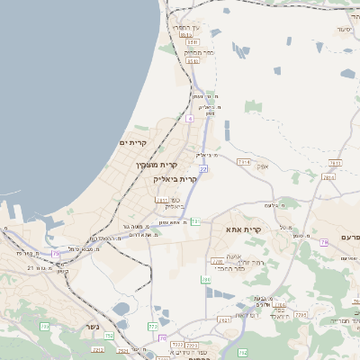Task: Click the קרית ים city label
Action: tap(131, 142)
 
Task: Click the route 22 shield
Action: tap(204, 168)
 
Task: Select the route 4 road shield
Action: tap(190, 118)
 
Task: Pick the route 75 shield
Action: tap(56, 255)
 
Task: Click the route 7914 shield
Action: tap(243, 162)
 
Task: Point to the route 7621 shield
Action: tap(225, 319)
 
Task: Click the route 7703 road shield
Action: tap(303, 314)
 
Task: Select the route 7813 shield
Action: tap(336, 163)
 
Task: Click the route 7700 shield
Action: tap(216, 261)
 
